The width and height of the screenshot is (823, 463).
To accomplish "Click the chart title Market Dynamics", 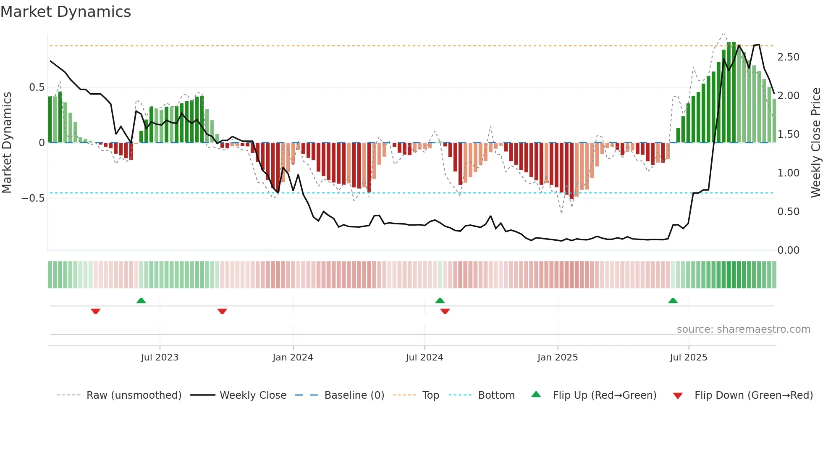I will click(x=66, y=12).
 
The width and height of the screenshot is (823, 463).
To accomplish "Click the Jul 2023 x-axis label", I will click(x=160, y=358).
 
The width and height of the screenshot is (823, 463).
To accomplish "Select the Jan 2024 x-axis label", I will click(x=293, y=358).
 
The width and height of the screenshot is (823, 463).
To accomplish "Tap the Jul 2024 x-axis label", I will click(x=425, y=358).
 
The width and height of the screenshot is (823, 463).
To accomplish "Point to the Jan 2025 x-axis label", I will click(x=558, y=358).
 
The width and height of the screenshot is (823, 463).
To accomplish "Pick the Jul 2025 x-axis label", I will click(x=689, y=358).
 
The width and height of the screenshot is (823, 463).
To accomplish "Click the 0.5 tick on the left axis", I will click(x=37, y=87).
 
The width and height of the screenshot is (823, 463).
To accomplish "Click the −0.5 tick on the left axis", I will click(x=33, y=198).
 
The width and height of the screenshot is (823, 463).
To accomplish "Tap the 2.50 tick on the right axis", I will click(x=788, y=57).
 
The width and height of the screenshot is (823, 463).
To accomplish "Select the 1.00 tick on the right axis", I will click(x=788, y=173).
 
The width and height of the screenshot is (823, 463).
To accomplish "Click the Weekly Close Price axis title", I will click(x=815, y=143).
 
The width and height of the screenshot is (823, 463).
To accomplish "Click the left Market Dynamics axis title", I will click(x=7, y=143).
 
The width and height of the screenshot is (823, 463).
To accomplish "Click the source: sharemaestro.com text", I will click(x=743, y=329).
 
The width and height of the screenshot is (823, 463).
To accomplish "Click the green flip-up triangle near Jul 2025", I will click(x=673, y=301).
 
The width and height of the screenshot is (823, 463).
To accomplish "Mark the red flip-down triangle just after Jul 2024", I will click(x=445, y=311).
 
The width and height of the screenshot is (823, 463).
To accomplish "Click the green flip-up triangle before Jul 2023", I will click(x=141, y=301).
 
